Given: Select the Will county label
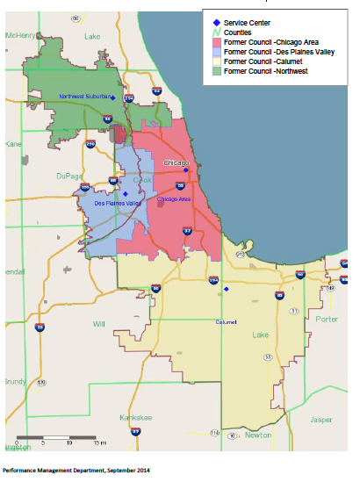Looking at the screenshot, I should [x=99, y=323].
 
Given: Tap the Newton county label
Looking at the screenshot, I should [x=258, y=435].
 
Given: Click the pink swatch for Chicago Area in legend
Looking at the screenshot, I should [x=216, y=42].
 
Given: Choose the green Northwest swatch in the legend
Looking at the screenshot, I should [x=216, y=71].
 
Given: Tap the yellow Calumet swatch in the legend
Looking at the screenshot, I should [x=216, y=61].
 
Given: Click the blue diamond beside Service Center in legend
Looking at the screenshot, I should [x=216, y=21].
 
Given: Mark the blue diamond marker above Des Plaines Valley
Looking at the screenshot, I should [x=126, y=194].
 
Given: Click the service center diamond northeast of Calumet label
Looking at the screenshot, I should [x=226, y=288].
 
